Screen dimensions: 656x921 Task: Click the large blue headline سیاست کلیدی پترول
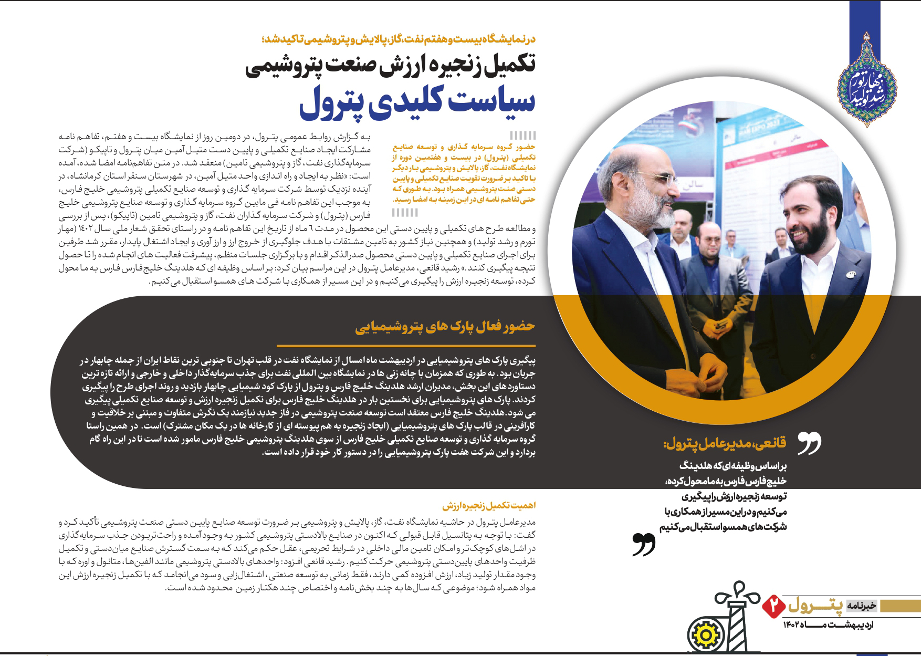click(x=417, y=102)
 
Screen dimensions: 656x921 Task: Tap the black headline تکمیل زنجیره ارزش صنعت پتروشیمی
click(x=391, y=67)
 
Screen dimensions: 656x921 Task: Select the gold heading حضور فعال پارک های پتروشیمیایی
click(x=445, y=327)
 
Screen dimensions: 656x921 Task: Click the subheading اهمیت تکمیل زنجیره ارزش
click(x=489, y=506)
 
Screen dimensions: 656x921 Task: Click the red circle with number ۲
click(x=773, y=605)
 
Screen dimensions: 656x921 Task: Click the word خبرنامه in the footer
click(x=861, y=606)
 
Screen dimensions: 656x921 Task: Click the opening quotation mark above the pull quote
click(x=809, y=443)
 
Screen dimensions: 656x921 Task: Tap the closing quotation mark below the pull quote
click(x=644, y=544)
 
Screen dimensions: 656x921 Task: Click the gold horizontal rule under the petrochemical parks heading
click(x=406, y=346)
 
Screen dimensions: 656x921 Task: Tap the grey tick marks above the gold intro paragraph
click(x=522, y=135)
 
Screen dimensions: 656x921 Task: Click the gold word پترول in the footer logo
click(x=815, y=606)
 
